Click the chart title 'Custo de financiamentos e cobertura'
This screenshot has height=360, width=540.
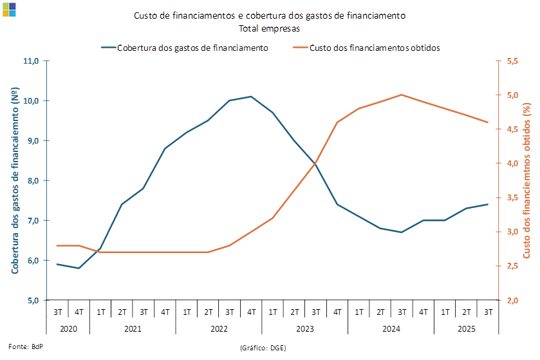[270, 15]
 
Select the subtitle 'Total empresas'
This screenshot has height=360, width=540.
[269, 28]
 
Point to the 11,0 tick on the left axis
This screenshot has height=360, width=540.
[32, 61]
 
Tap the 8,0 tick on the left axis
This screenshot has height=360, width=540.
[32, 180]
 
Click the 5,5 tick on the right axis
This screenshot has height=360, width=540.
[513, 61]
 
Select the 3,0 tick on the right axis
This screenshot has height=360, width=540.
[513, 232]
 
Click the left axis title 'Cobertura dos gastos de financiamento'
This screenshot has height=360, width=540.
[14, 180]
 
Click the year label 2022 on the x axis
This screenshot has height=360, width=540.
[219, 328]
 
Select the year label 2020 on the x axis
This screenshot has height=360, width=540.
[68, 328]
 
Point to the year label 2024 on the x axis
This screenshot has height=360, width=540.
[391, 328]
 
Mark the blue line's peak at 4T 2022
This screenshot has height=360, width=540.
[251, 97]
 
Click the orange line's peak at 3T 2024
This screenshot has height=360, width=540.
[402, 95]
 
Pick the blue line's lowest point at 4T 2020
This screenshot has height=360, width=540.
[79, 268]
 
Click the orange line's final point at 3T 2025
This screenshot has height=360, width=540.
[488, 122]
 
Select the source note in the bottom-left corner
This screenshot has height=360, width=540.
[23, 346]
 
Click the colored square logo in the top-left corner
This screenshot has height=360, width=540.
[10, 9]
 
